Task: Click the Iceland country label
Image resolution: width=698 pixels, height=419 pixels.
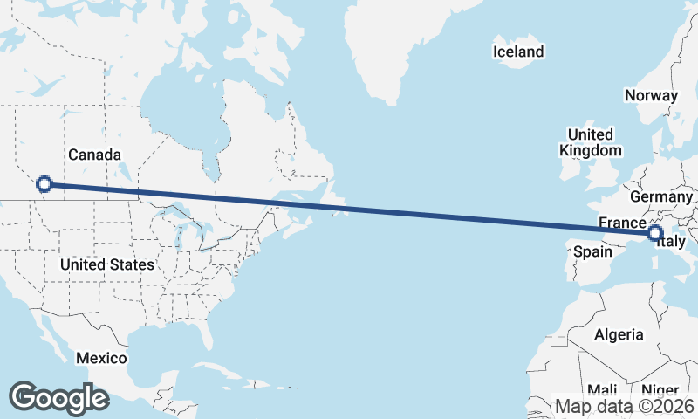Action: [x=518, y=52]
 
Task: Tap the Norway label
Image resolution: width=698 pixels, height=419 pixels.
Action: [x=651, y=96]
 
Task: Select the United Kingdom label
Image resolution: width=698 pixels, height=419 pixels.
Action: [x=590, y=142]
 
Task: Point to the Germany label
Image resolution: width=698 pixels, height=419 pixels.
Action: [x=660, y=197]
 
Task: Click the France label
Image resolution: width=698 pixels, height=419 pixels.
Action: [x=622, y=223]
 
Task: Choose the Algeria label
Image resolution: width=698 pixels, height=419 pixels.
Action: [x=619, y=334]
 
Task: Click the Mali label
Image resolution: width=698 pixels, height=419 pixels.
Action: [x=602, y=389]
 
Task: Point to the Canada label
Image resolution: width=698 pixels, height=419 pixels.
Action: [x=94, y=155]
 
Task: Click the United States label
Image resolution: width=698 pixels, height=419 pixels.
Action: [x=108, y=264]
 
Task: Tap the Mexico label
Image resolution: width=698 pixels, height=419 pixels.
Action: [x=101, y=358]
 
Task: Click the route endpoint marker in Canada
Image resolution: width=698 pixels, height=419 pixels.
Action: [x=44, y=184]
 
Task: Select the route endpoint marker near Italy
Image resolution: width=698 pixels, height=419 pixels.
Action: [x=655, y=233]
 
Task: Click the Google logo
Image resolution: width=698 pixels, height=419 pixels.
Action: [x=58, y=398]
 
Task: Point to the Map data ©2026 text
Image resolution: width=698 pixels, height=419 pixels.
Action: [x=625, y=406]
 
